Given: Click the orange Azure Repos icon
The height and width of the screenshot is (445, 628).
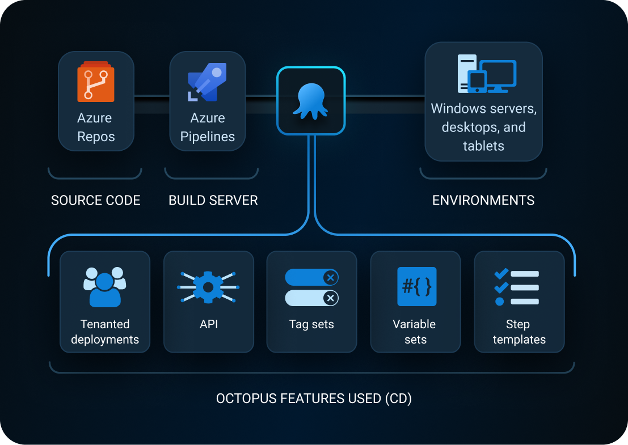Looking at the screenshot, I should (x=96, y=82).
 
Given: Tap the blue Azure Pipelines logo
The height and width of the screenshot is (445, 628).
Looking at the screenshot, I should (x=207, y=82).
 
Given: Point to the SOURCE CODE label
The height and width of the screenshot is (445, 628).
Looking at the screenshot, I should (x=96, y=200).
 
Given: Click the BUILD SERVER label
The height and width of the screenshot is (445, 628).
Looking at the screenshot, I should (x=213, y=200).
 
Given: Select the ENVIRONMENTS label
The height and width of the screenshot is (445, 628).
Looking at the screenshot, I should (x=483, y=200).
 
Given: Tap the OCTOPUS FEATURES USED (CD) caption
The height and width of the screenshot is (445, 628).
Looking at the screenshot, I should (x=314, y=399).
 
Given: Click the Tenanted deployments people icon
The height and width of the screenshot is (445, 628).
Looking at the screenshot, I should (x=105, y=286).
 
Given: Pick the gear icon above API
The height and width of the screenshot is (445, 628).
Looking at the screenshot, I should (x=208, y=287).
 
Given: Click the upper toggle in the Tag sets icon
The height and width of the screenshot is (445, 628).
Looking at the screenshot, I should (x=311, y=277).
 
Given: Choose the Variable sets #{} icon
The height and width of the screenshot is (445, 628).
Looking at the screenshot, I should (x=417, y=286).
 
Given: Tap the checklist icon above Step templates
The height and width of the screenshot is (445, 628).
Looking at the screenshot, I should (x=516, y=287).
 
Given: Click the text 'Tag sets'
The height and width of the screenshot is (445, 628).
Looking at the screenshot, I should (x=311, y=324).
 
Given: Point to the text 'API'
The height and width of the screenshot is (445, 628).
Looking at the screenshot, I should (x=208, y=324).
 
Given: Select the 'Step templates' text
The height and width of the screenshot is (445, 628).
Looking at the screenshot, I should (x=519, y=332).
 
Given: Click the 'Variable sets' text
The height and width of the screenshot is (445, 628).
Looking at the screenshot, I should (x=415, y=332).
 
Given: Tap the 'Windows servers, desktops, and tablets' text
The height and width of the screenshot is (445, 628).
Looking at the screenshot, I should (x=483, y=127).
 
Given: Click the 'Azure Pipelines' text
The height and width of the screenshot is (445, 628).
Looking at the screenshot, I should (x=208, y=127).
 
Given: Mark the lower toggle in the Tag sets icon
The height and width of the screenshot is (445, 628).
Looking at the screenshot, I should (x=311, y=298).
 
